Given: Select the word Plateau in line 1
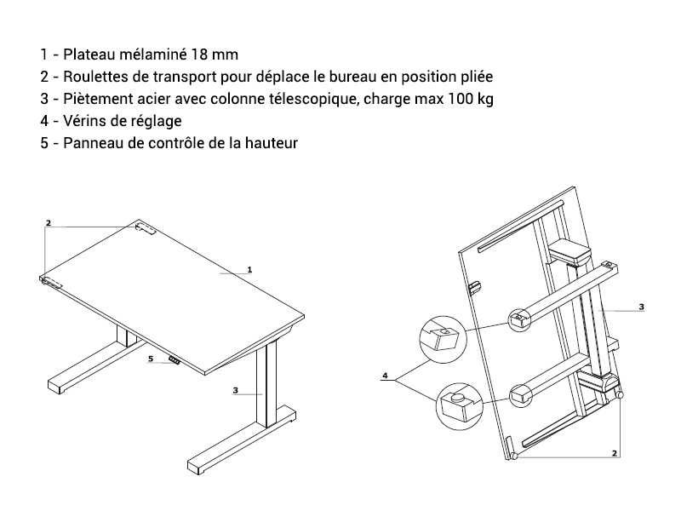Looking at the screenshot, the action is coord(89,55).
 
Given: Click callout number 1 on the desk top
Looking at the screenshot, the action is coord(249,270).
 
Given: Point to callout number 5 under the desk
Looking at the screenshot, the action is coord(151,359).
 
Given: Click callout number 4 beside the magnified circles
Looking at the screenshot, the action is coord(385,376).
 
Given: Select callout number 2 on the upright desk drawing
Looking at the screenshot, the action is coord(49,223).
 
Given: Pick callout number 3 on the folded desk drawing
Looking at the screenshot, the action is coord(642,307).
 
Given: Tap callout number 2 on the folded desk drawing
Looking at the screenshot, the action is coord(615,453).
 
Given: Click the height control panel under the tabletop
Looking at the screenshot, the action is coord(175,360).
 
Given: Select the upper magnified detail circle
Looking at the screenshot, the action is coord(443,339).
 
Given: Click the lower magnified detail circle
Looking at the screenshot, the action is coord(459,406).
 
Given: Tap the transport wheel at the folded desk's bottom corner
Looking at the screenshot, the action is coord(514,456).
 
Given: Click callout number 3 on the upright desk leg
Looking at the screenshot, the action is coord(236,390).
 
